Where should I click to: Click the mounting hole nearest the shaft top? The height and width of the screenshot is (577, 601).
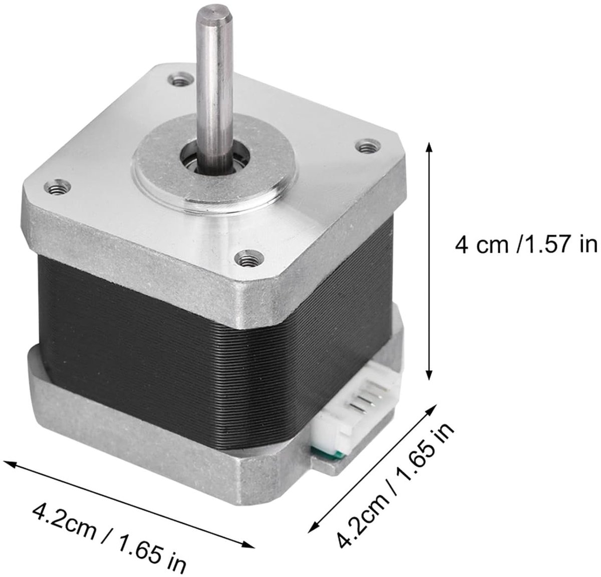point(181,80)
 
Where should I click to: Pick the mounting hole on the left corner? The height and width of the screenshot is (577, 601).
point(58,187)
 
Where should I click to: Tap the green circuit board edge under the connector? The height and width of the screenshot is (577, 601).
point(328,452)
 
